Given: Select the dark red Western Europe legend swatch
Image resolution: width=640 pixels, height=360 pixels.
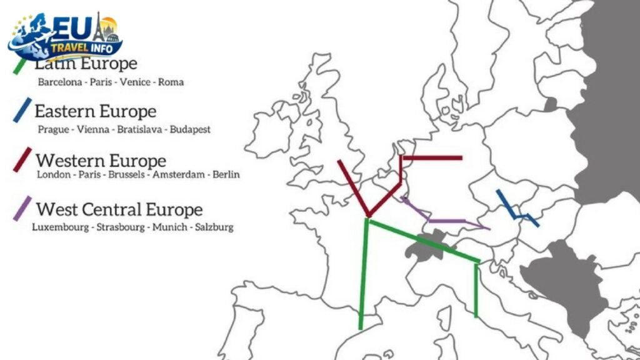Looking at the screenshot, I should (x=24, y=160).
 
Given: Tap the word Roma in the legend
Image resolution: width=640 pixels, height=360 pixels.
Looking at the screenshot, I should (x=171, y=82).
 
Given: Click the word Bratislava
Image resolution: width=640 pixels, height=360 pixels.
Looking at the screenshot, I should (x=131, y=130).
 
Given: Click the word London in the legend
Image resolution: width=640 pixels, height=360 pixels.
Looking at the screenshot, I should (x=54, y=174).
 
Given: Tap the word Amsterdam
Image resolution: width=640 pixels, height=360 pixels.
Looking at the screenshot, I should (x=179, y=174).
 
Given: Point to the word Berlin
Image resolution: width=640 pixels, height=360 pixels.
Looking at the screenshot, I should (x=226, y=174).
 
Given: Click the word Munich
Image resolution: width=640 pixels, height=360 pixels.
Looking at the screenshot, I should (x=171, y=227).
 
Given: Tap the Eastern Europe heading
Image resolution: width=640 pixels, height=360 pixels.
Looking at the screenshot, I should (x=95, y=112).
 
